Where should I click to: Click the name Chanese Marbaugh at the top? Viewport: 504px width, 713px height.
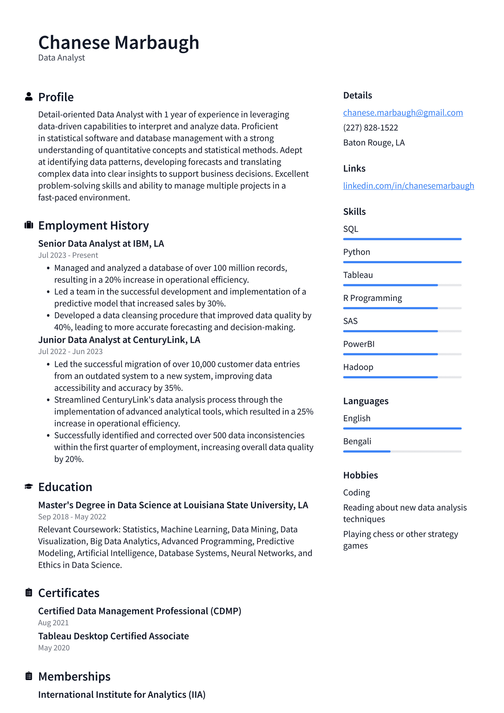(x=118, y=42)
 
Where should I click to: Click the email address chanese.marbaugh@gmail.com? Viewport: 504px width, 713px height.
(x=403, y=113)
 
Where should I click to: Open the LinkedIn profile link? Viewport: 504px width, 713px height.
(x=408, y=186)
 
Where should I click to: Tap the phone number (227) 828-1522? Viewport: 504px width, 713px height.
(x=370, y=128)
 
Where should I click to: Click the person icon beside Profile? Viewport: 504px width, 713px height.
(x=29, y=97)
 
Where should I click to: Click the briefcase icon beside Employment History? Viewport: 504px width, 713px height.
(x=29, y=225)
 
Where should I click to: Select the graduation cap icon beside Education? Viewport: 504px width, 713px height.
(x=29, y=487)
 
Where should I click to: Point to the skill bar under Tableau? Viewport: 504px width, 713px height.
(x=402, y=285)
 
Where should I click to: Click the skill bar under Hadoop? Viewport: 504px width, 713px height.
(x=402, y=377)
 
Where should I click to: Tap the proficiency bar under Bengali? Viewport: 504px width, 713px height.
(x=402, y=451)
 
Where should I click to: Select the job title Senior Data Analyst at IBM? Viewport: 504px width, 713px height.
(x=101, y=244)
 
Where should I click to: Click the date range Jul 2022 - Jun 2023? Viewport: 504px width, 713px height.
(x=70, y=352)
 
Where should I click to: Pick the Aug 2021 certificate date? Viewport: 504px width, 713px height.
(x=53, y=623)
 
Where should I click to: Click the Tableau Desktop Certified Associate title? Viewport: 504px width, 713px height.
(x=113, y=636)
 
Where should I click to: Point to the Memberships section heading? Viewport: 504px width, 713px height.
(x=74, y=676)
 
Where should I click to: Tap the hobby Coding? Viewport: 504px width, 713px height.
(x=356, y=493)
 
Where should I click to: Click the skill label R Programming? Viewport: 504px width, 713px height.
(x=372, y=298)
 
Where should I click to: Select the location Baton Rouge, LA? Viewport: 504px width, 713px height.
(x=373, y=143)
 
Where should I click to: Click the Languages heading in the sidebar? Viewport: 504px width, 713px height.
(x=365, y=401)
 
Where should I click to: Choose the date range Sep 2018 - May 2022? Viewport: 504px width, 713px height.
(x=72, y=517)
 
